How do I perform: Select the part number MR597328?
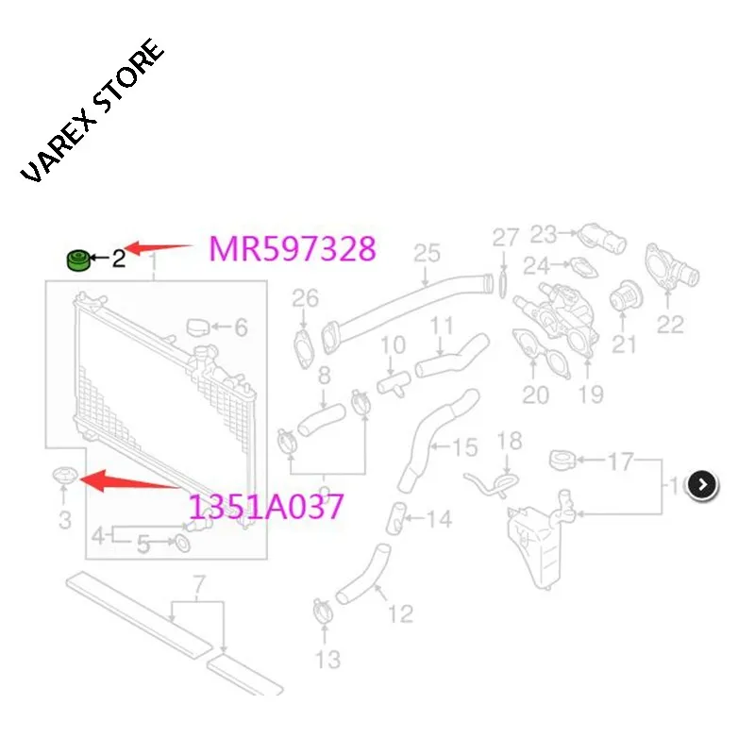click(x=293, y=249)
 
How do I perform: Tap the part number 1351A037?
click(x=266, y=508)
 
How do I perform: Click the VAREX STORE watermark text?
click(x=92, y=112)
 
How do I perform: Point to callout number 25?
click(x=427, y=253)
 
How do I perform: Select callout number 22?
click(x=670, y=324)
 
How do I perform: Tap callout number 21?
click(x=624, y=344)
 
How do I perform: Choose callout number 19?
click(x=591, y=394)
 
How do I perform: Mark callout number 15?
click(x=466, y=446)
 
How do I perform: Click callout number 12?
click(x=400, y=613)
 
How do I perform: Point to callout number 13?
click(x=327, y=658)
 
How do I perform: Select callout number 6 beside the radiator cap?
click(x=241, y=327)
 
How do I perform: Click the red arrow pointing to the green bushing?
click(x=160, y=248)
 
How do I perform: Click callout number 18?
click(x=509, y=441)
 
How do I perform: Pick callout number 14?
click(x=438, y=518)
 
